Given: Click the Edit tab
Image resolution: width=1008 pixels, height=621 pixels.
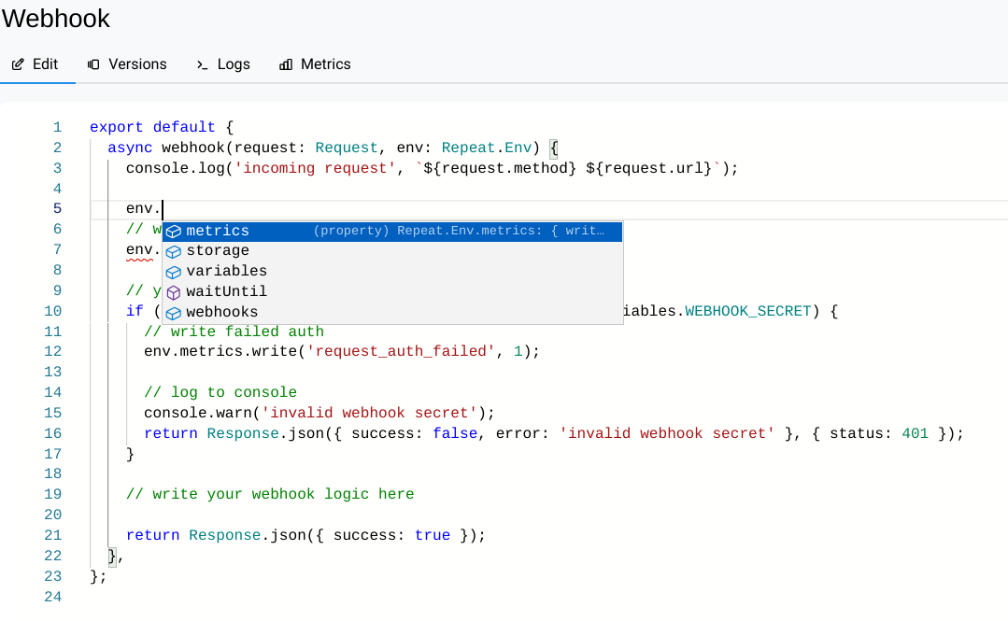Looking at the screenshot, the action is pos(35,64).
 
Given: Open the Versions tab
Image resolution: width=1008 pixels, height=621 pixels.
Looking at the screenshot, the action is pos(127,64).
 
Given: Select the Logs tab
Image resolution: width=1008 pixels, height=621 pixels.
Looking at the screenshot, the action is pos(223,64).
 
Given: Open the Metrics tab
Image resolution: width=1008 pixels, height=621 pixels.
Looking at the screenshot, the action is pos(315,64).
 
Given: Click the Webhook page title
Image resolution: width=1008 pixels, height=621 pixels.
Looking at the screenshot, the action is pos(56,19).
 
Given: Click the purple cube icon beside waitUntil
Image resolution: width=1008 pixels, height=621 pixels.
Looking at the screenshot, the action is pos(174,292).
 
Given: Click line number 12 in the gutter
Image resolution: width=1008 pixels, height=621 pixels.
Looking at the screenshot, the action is pos(52,352).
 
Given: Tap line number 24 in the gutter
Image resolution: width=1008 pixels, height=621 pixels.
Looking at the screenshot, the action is pos(52,598).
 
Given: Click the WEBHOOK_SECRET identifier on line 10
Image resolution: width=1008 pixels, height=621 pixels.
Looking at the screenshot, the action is pos(747,311).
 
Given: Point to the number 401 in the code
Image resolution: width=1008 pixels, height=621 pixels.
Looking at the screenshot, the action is pos(915,434).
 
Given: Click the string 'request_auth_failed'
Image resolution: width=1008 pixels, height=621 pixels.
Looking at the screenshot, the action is pos(401,352).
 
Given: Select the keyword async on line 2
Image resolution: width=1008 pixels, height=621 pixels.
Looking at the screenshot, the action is pos(130,148).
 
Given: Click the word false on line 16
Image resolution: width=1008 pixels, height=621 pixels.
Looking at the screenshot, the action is pos(455,434).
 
